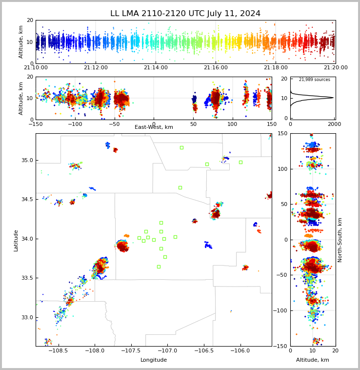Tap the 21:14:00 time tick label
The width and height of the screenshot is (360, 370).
coord(156,67)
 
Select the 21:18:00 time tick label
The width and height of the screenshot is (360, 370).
coord(276,67)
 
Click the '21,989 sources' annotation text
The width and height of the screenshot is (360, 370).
coord(315,80)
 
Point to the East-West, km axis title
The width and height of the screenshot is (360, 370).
coord(154,127)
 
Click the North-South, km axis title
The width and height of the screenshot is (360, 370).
coord(340,240)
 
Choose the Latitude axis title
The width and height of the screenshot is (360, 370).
coord(16,241)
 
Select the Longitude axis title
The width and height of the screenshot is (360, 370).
coord(154,360)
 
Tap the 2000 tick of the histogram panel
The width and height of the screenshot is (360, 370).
coord(334,124)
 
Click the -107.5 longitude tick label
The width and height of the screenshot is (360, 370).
coord(131,350)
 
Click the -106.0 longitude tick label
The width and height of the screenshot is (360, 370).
coord(240,350)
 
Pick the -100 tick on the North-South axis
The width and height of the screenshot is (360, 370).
coord(280,310)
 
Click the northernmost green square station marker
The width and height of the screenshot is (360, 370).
coord(181,148)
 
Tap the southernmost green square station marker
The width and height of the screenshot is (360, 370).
coord(159,267)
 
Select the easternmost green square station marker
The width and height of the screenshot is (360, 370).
coord(240,163)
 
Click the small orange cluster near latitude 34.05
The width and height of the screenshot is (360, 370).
coord(127,235)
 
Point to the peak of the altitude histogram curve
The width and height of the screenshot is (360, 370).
coord(333,98)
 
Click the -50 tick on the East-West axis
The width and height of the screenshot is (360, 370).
coord(115,124)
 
